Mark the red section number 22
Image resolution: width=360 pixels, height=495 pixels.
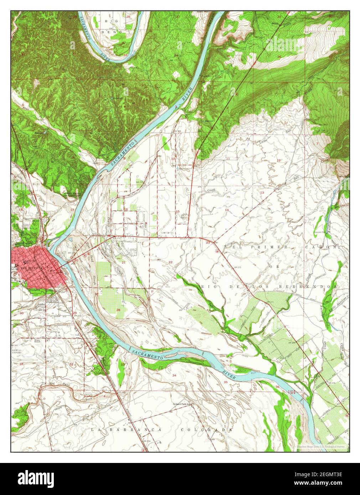pyautogui.click(x=170, y=262)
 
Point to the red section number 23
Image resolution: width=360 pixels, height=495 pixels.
pyautogui.click(x=208, y=242)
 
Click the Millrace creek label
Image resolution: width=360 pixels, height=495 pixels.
pyautogui.click(x=227, y=245)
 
